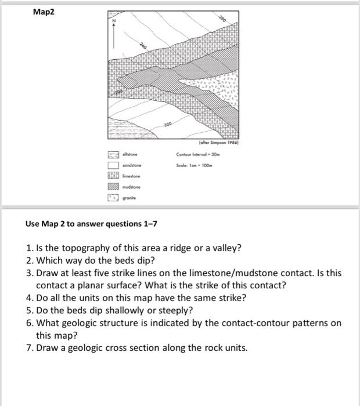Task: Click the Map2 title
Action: click(x=44, y=11)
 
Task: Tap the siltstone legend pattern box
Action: click(x=113, y=155)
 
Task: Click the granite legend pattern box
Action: click(x=113, y=198)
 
